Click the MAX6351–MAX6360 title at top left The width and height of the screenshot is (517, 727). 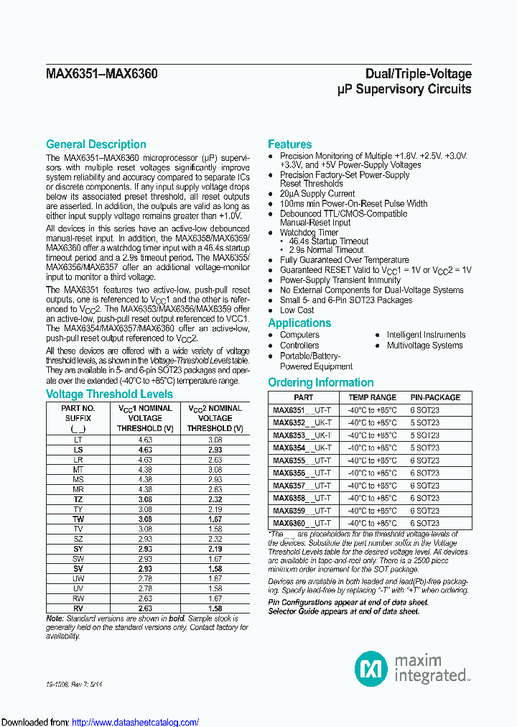pyautogui.click(x=102, y=74)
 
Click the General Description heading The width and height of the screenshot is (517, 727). pyautogui.click(x=96, y=144)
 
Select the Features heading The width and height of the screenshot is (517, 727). pyautogui.click(x=290, y=144)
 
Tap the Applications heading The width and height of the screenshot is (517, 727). pyautogui.click(x=299, y=323)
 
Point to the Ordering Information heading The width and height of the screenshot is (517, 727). pyautogui.click(x=321, y=383)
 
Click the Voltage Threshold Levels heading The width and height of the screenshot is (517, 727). pyautogui.click(x=109, y=394)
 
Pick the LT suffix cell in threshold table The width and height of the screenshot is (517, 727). pyautogui.click(x=78, y=439)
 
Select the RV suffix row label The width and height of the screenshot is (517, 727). pyautogui.click(x=78, y=608)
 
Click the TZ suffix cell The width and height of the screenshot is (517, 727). pyautogui.click(x=78, y=499)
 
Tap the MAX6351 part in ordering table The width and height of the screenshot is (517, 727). pyautogui.click(x=289, y=410)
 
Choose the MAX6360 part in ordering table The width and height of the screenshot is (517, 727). pyautogui.click(x=289, y=523)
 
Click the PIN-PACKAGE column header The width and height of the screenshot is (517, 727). pyautogui.click(x=435, y=397)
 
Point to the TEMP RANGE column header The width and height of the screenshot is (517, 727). pyautogui.click(x=372, y=397)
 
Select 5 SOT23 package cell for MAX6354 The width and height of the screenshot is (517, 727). pyautogui.click(x=424, y=448)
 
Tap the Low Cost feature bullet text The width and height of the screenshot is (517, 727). pyautogui.click(x=297, y=310)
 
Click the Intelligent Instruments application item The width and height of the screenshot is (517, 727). pyautogui.click(x=426, y=335)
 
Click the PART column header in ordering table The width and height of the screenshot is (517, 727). pyautogui.click(x=303, y=397)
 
